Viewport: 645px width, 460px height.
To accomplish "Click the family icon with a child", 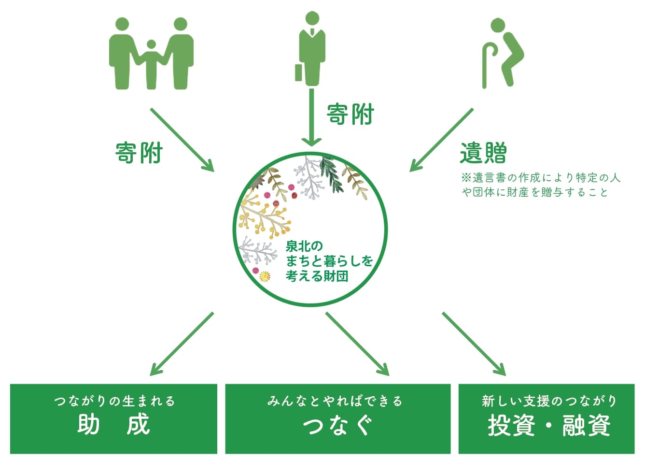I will click(x=151, y=54).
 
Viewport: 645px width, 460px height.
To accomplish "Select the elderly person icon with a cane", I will click(x=504, y=53).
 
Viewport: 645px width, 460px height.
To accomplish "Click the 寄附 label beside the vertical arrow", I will click(x=351, y=114).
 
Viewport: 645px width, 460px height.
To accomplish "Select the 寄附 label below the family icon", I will click(x=139, y=153).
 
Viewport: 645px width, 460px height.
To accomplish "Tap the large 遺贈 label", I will click(x=483, y=153).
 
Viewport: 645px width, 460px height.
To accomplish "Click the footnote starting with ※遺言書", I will click(x=541, y=185).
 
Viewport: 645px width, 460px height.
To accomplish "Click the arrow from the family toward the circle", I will click(x=182, y=140).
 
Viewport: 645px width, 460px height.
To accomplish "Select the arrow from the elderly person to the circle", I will click(x=441, y=140).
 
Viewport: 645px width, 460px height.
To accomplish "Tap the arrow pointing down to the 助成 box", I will click(x=182, y=344).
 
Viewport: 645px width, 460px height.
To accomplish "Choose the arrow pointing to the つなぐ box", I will click(x=357, y=344).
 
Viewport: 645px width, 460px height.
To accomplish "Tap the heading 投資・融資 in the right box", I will click(x=549, y=426).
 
